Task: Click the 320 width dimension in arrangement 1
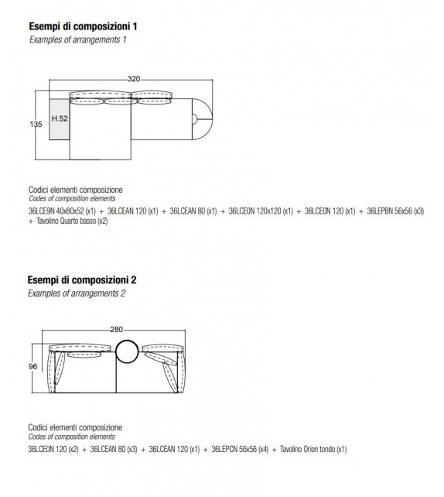(x=135, y=77)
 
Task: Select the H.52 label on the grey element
(x=60, y=119)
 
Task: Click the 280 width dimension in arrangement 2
(x=117, y=330)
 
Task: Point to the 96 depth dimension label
(x=33, y=367)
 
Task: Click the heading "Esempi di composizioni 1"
(x=83, y=26)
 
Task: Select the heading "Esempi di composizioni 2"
(x=83, y=279)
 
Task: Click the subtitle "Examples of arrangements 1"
(x=77, y=39)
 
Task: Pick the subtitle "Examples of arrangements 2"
(x=77, y=293)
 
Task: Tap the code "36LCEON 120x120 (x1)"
(x=261, y=210)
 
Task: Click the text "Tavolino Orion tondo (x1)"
(x=313, y=448)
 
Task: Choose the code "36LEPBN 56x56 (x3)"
(x=395, y=210)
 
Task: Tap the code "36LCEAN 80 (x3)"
(x=114, y=448)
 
